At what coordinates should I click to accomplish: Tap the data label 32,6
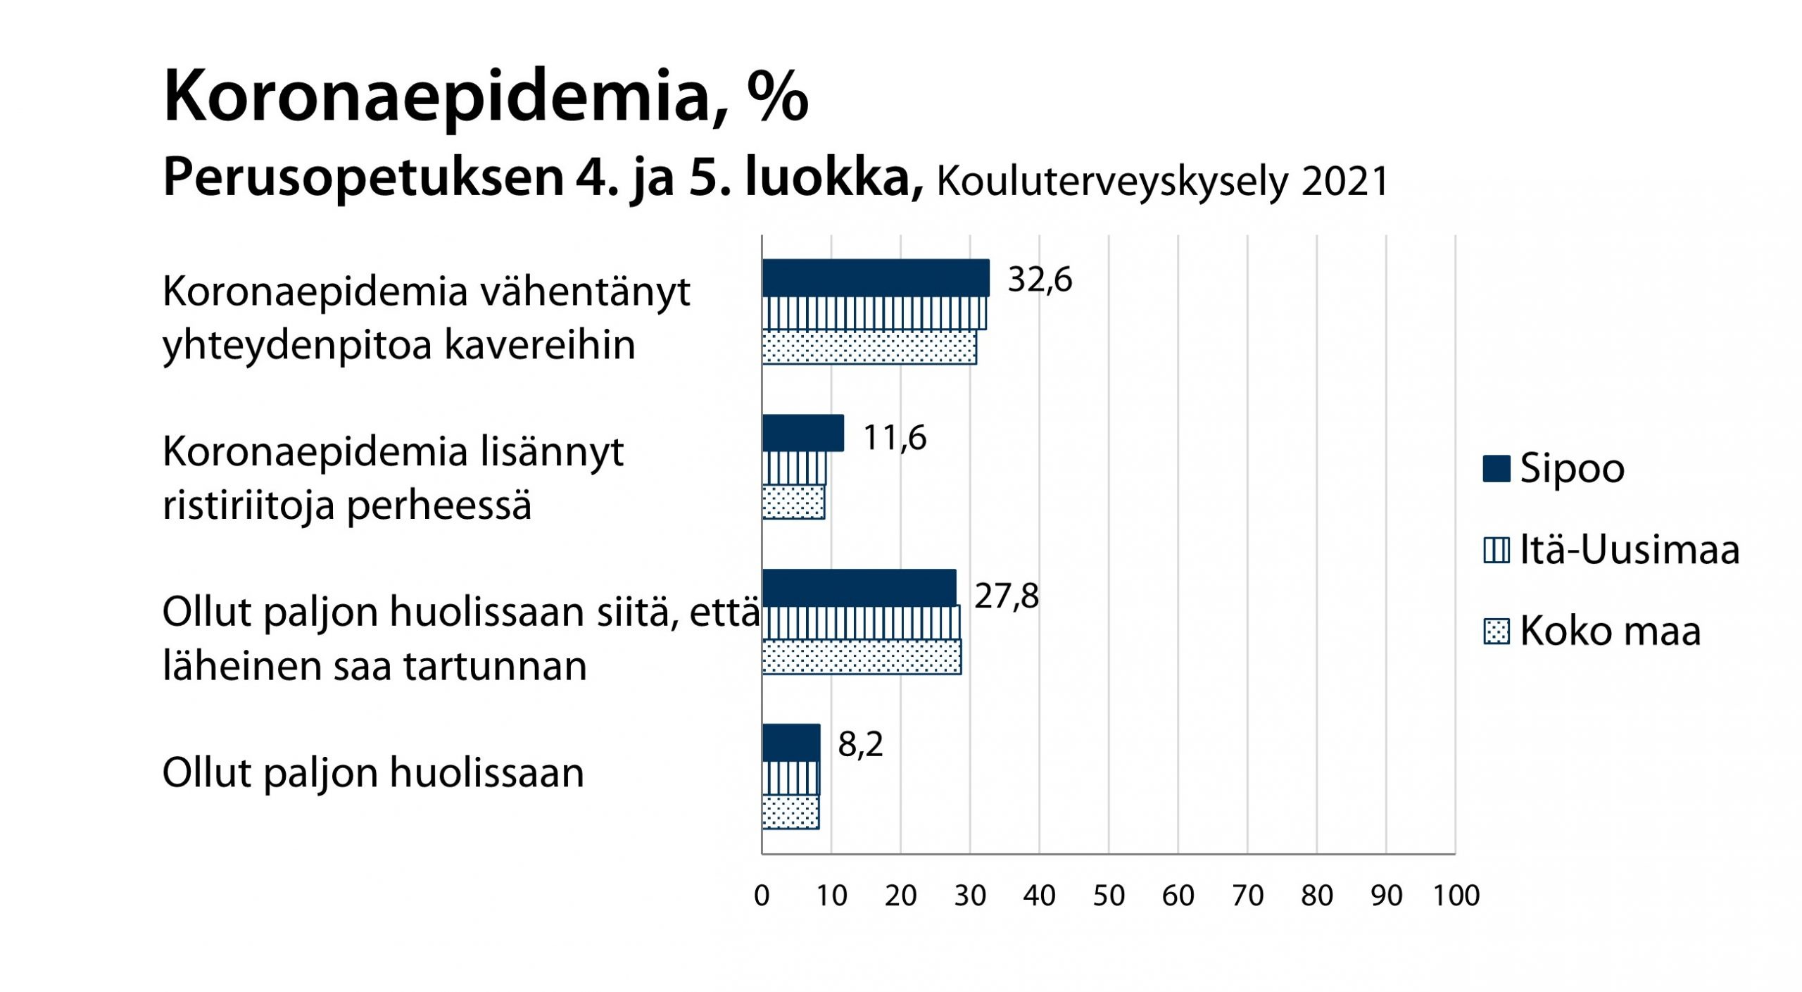pyautogui.click(x=1039, y=280)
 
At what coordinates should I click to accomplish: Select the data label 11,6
pyautogui.click(x=894, y=437)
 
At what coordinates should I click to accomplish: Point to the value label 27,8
pyautogui.click(x=1006, y=596)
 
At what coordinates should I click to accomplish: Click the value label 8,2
pyautogui.click(x=860, y=744)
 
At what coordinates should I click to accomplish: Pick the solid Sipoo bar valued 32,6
pyautogui.click(x=875, y=277)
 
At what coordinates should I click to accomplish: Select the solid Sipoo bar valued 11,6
pyautogui.click(x=802, y=433)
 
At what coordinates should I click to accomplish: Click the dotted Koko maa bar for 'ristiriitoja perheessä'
pyautogui.click(x=793, y=502)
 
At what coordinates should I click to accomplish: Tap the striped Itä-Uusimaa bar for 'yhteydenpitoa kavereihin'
pyautogui.click(x=874, y=313)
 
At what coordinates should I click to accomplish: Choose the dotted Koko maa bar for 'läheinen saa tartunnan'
pyautogui.click(x=861, y=657)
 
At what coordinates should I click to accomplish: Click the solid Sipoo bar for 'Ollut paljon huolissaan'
pyautogui.click(x=790, y=743)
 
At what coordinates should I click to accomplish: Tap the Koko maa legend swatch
pyautogui.click(x=1496, y=632)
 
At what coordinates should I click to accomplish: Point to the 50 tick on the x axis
pyautogui.click(x=1109, y=896)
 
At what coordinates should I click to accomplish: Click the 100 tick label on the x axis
pyautogui.click(x=1456, y=896)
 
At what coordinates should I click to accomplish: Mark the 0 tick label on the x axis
pyautogui.click(x=762, y=896)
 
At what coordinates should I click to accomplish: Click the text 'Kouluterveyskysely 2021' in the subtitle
pyautogui.click(x=1162, y=182)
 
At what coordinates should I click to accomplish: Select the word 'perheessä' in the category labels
pyautogui.click(x=439, y=506)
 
